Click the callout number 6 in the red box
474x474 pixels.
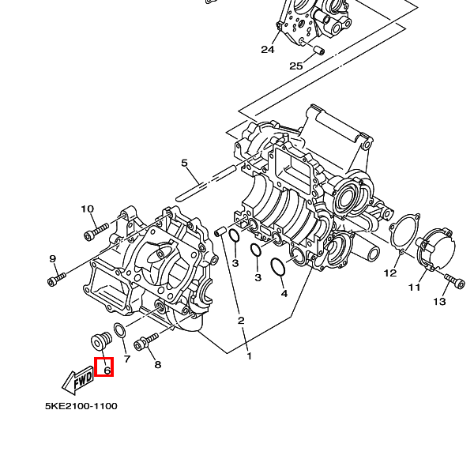pyautogui.click(x=107, y=371)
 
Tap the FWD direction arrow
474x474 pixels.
pyautogui.click(x=77, y=381)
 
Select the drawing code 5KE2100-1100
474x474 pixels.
pyautogui.click(x=81, y=406)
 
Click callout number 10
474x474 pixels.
pyautogui.click(x=88, y=209)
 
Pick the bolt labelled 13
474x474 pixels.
pyautogui.click(x=454, y=280)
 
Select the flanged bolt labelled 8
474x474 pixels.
pyautogui.click(x=145, y=340)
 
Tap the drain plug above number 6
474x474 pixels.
pyautogui.click(x=101, y=341)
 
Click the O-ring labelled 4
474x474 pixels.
pyautogui.click(x=278, y=267)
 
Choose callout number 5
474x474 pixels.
pyautogui.click(x=184, y=164)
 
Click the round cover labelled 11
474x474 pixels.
pyautogui.click(x=436, y=249)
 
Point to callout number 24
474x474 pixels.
pyautogui.click(x=268, y=49)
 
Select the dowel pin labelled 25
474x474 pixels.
pyautogui.click(x=319, y=51)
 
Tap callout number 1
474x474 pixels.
pyautogui.click(x=249, y=356)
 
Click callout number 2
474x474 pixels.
pyautogui.click(x=241, y=321)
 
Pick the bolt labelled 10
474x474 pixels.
pyautogui.click(x=96, y=231)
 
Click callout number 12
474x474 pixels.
pyautogui.click(x=390, y=273)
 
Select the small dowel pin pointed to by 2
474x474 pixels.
pyautogui.click(x=219, y=231)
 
